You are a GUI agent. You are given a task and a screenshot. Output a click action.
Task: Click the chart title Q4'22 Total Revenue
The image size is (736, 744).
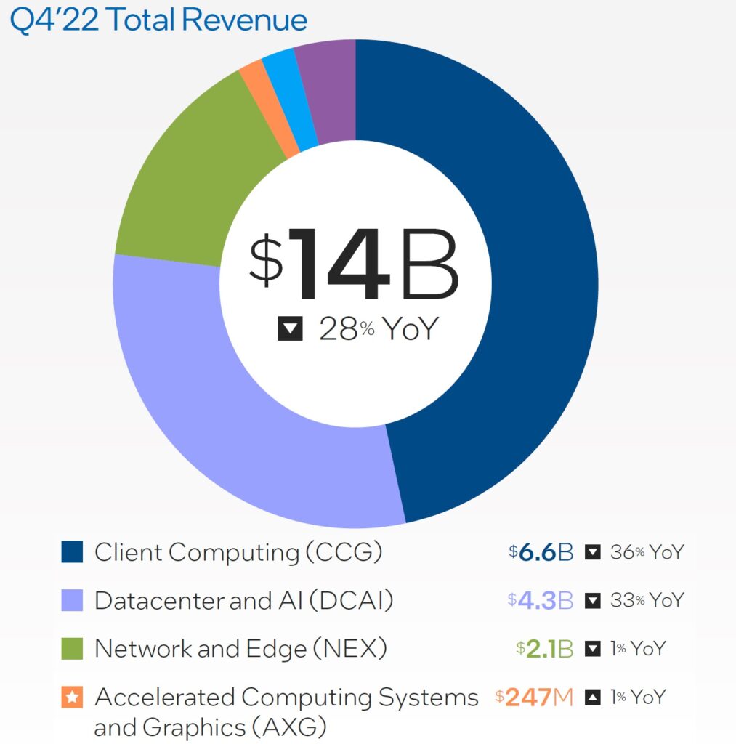158,20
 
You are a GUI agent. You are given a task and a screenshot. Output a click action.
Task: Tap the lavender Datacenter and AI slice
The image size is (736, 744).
240,421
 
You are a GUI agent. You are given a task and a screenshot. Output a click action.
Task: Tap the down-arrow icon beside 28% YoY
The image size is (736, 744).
290,330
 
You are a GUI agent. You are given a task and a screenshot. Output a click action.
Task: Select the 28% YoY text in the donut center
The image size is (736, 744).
379,330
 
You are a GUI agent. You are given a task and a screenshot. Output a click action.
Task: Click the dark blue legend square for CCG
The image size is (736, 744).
72,552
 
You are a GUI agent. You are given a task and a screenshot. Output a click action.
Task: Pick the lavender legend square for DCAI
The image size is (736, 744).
72,600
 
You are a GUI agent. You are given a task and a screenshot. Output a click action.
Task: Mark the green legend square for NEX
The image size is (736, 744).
72,648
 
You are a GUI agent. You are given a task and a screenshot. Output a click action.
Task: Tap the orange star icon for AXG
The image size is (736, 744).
72,697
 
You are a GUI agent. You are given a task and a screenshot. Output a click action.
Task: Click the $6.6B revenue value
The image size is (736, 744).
541,552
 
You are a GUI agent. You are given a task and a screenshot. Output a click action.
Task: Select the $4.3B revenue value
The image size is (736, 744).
541,601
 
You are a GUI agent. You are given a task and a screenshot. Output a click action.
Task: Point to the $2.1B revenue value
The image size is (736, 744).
545,649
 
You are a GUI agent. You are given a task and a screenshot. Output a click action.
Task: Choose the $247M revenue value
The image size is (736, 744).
534,697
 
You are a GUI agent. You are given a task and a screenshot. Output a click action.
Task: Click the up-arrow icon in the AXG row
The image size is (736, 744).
593,697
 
